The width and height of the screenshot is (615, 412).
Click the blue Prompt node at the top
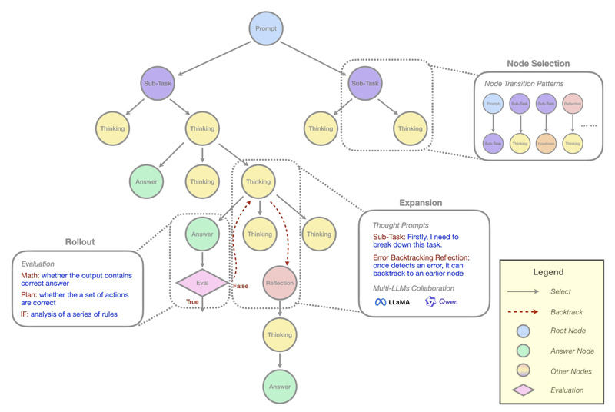point(267,29)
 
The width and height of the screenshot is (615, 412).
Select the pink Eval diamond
point(202,281)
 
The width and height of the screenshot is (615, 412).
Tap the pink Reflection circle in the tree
point(280,282)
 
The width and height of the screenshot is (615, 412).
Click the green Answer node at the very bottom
point(280,387)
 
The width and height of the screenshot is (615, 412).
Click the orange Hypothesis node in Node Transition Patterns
point(547,142)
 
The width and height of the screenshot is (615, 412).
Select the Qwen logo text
point(447,302)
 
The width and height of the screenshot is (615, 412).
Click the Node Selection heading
point(538,63)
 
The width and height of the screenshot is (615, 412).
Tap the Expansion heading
point(420,203)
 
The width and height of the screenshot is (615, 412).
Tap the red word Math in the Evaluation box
point(31,275)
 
